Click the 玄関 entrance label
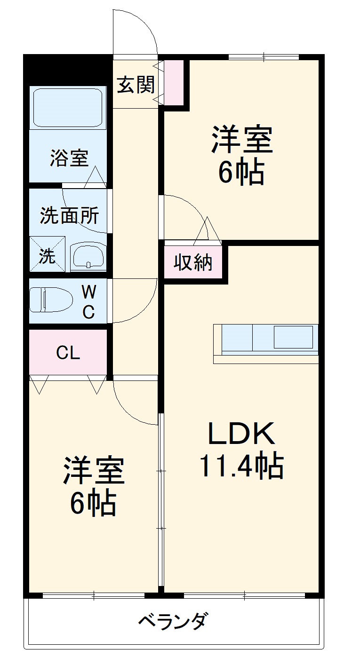[136, 85]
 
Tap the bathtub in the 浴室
[67, 107]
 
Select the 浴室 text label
[69, 158]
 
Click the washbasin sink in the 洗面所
[88, 256]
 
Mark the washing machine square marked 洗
[47, 254]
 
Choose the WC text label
[89, 302]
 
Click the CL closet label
[68, 353]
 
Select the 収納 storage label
[193, 262]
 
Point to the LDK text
[241, 434]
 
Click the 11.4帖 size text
[241, 466]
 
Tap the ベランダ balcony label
[173, 622]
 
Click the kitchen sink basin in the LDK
[293, 337]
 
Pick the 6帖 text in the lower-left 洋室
[93, 504]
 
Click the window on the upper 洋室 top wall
[264, 57]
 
